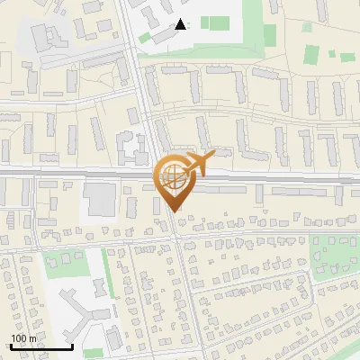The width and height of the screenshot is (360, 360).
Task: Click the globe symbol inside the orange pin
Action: (x=172, y=177)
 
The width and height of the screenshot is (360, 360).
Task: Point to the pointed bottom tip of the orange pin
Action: (x=172, y=211)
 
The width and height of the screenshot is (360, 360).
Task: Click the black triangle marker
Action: (x=181, y=24)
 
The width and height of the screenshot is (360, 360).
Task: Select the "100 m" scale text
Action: (x=23, y=338)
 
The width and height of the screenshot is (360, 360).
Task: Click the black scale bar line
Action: (x=40, y=346)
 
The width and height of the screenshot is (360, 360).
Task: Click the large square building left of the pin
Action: (x=101, y=200)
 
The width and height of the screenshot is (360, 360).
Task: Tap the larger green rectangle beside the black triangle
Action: (x=215, y=22)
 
